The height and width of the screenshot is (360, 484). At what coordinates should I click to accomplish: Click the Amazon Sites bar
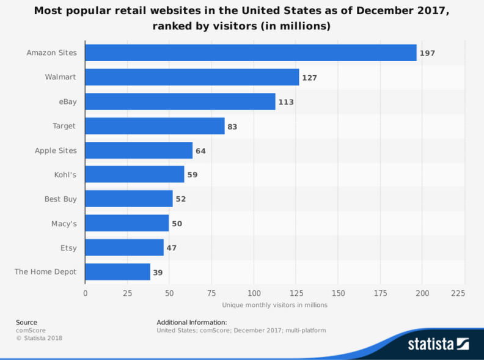pyautogui.click(x=251, y=53)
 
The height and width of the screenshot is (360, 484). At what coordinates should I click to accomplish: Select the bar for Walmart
pyautogui.click(x=192, y=77)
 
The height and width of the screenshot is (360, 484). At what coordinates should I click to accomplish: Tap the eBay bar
pyautogui.click(x=180, y=101)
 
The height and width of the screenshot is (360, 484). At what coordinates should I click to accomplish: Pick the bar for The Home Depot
pyautogui.click(x=117, y=272)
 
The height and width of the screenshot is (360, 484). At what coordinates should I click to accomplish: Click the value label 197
pyautogui.click(x=427, y=53)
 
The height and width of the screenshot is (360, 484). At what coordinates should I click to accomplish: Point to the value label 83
pyautogui.click(x=232, y=127)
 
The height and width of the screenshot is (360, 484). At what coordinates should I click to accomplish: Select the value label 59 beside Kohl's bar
pyautogui.click(x=192, y=175)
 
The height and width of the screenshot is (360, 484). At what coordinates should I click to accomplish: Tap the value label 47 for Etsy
pyautogui.click(x=172, y=248)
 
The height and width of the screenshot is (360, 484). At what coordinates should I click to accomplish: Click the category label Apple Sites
pyautogui.click(x=56, y=150)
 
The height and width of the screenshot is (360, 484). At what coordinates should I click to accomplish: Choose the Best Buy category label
pyautogui.click(x=61, y=199)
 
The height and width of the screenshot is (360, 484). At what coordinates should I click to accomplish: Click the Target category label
pyautogui.click(x=64, y=126)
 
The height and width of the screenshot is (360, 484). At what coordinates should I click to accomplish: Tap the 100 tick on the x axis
pyautogui.click(x=254, y=293)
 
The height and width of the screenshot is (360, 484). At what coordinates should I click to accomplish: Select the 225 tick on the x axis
pyautogui.click(x=457, y=293)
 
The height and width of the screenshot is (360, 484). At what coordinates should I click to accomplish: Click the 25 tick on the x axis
pyautogui.click(x=127, y=293)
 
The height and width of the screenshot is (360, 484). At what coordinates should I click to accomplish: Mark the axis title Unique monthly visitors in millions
pyautogui.click(x=274, y=304)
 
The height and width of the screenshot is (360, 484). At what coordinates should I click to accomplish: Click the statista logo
pyautogui.click(x=438, y=343)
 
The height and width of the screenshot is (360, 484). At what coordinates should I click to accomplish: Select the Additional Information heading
pyautogui.click(x=191, y=322)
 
